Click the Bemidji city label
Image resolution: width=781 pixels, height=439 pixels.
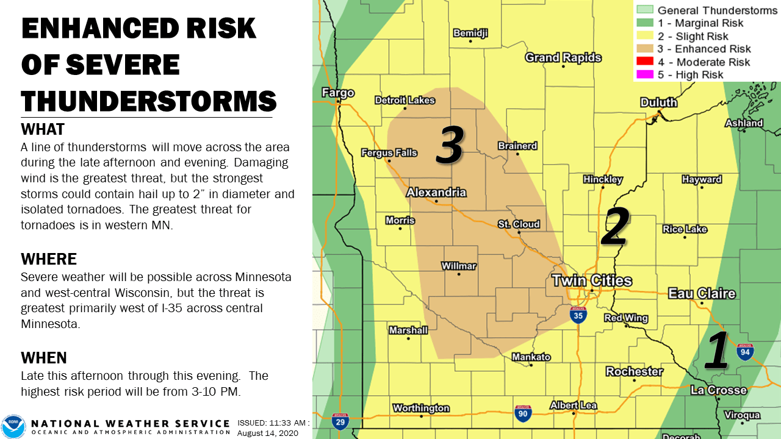pos(470,34)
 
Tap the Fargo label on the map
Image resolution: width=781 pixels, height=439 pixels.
pos(337,93)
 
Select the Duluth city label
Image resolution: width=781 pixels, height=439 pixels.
pos(658,102)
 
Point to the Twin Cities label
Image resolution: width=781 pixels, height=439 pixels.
pos(591,281)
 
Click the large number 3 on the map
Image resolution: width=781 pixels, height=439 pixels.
pos(450,146)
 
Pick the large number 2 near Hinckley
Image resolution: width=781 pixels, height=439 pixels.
pos(614,227)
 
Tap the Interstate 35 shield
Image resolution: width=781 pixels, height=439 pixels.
pos(578,315)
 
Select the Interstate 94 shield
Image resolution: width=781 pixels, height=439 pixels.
pos(745,351)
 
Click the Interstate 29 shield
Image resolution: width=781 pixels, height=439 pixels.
pos(340,421)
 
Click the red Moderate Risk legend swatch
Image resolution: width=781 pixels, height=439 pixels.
pos(645,62)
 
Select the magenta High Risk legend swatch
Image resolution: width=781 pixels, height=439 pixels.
pos(645,75)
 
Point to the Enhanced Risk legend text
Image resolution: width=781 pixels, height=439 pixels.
pos(704,49)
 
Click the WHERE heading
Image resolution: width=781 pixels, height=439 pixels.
pos(48,259)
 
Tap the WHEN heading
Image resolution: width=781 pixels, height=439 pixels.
pos(44,357)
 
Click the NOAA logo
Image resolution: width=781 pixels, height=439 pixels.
pos(13,426)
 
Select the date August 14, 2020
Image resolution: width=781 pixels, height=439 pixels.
pos(267,432)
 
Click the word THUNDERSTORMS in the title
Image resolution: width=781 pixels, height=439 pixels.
pos(148,100)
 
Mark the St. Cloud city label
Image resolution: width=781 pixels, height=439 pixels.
pos(519,224)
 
